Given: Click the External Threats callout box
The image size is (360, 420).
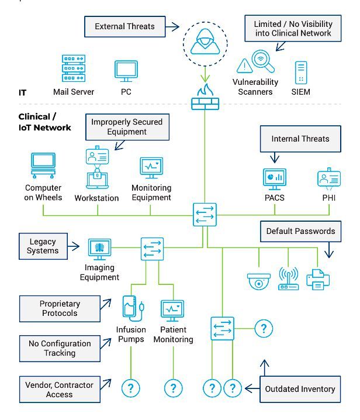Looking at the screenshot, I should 124,26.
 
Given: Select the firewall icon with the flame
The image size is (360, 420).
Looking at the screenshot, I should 204,97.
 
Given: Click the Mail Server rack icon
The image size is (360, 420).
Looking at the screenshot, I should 74,70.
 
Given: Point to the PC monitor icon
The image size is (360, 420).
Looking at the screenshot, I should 126,72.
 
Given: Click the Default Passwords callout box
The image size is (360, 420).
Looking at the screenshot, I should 300,231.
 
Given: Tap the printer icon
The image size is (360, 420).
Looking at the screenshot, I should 319,278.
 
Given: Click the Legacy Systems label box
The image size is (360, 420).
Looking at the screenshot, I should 43,246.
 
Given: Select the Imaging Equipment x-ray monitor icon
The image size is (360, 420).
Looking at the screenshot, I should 99,249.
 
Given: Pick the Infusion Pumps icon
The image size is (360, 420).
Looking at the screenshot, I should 131,310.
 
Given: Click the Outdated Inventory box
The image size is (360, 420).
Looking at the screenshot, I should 300,389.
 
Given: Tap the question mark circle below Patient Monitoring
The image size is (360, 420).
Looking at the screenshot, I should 173,387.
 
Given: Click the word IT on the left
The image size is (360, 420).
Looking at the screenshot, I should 23,92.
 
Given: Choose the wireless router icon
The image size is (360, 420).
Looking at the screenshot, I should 288,279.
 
